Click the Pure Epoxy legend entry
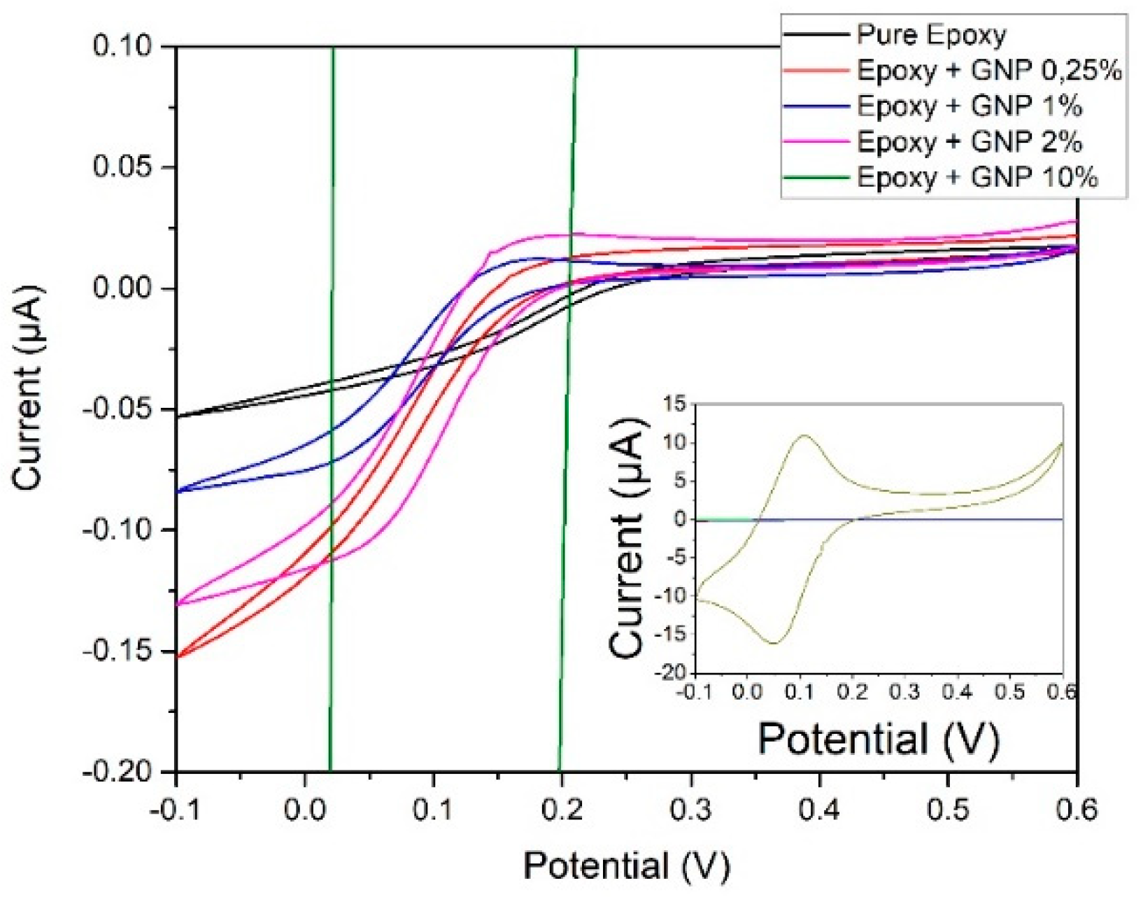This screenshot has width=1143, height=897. pos(931,34)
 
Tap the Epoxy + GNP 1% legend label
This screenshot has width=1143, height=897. pos(970,106)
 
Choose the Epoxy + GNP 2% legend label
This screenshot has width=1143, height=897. pos(970,141)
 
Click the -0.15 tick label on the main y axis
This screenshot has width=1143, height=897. pos(118,651)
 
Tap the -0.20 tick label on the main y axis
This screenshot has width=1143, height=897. pos(118,772)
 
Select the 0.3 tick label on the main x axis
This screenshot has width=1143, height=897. pos(691,810)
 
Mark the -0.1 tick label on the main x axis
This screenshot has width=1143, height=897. pos(175,810)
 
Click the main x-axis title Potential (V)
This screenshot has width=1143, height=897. pos(626,866)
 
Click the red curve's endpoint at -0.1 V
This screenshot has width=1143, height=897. pos(178,657)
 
